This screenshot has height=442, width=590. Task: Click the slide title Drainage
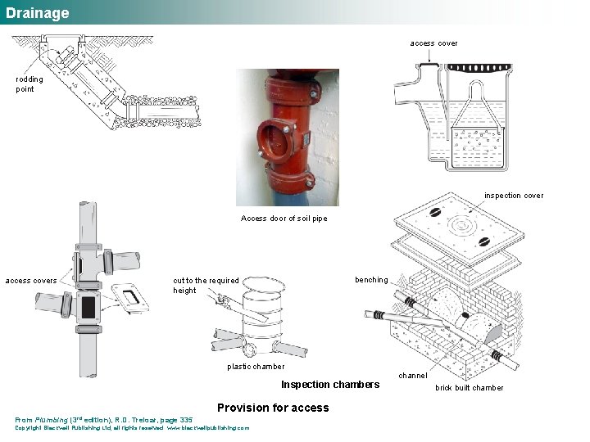(x=38, y=13)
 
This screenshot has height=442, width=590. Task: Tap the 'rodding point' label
(x=29, y=83)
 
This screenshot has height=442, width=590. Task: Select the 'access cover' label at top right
(x=433, y=43)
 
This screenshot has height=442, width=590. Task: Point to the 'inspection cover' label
(x=514, y=196)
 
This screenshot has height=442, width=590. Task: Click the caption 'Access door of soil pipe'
(x=284, y=219)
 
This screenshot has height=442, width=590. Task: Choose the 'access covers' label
(x=31, y=281)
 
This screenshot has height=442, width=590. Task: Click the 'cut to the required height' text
(x=206, y=285)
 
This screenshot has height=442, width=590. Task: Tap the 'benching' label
(x=371, y=280)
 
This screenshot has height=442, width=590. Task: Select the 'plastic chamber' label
(x=256, y=367)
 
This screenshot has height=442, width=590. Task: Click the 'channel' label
(x=412, y=376)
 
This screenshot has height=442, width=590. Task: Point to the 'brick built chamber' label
(x=470, y=388)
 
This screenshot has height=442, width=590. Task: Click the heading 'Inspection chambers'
(x=330, y=385)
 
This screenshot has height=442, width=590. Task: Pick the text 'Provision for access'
(x=273, y=408)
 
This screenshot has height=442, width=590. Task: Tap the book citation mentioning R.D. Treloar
(x=104, y=420)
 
